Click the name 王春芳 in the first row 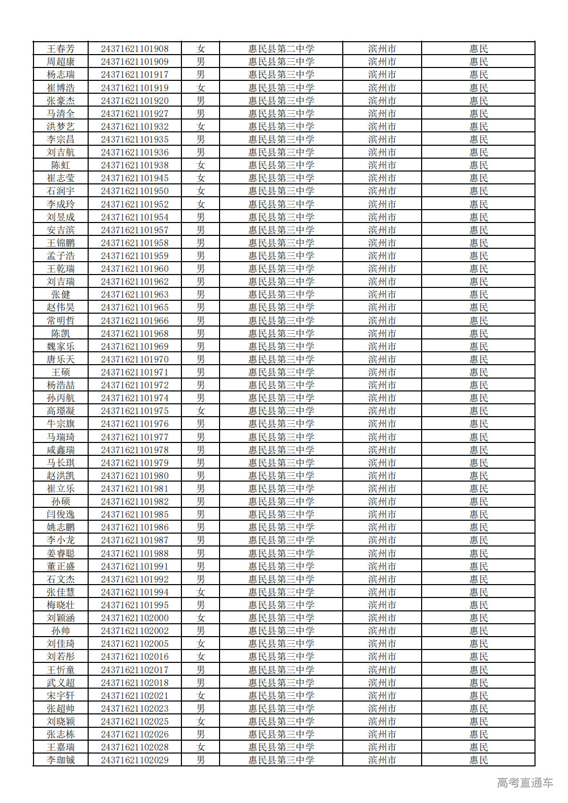click(61, 49)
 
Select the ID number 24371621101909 click(135, 62)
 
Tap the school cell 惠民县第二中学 click(281, 49)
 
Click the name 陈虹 click(61, 165)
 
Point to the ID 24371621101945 click(135, 178)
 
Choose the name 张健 click(61, 295)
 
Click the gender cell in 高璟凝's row click(201, 411)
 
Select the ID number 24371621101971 click(135, 372)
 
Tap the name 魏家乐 click(61, 347)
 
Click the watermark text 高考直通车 click(525, 783)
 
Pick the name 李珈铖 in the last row click(61, 760)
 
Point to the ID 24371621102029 click(135, 760)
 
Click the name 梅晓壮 click(61, 605)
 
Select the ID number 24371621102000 click(135, 618)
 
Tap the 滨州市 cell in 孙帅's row click(382, 631)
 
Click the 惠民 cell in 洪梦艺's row click(478, 127)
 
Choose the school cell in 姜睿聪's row click(281, 554)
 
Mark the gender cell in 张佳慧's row click(201, 592)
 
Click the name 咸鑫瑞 click(61, 450)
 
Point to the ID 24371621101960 click(135, 269)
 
